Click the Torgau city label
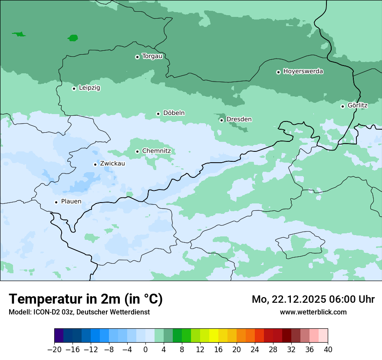152,56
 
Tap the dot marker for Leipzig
74,88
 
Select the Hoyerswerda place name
303,72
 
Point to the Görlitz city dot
342,106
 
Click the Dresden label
239,119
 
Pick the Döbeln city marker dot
158,114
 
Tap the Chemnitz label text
156,151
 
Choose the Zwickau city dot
95,164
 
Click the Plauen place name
71,202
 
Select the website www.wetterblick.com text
313,312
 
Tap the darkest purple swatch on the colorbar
59,336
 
